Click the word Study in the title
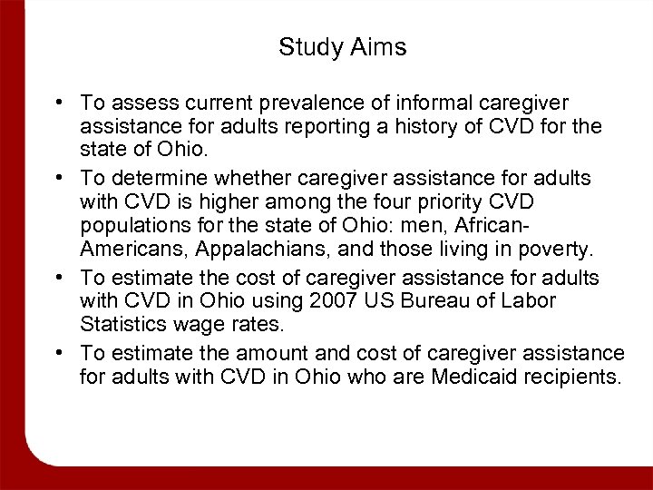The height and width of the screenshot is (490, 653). [x=307, y=47]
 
